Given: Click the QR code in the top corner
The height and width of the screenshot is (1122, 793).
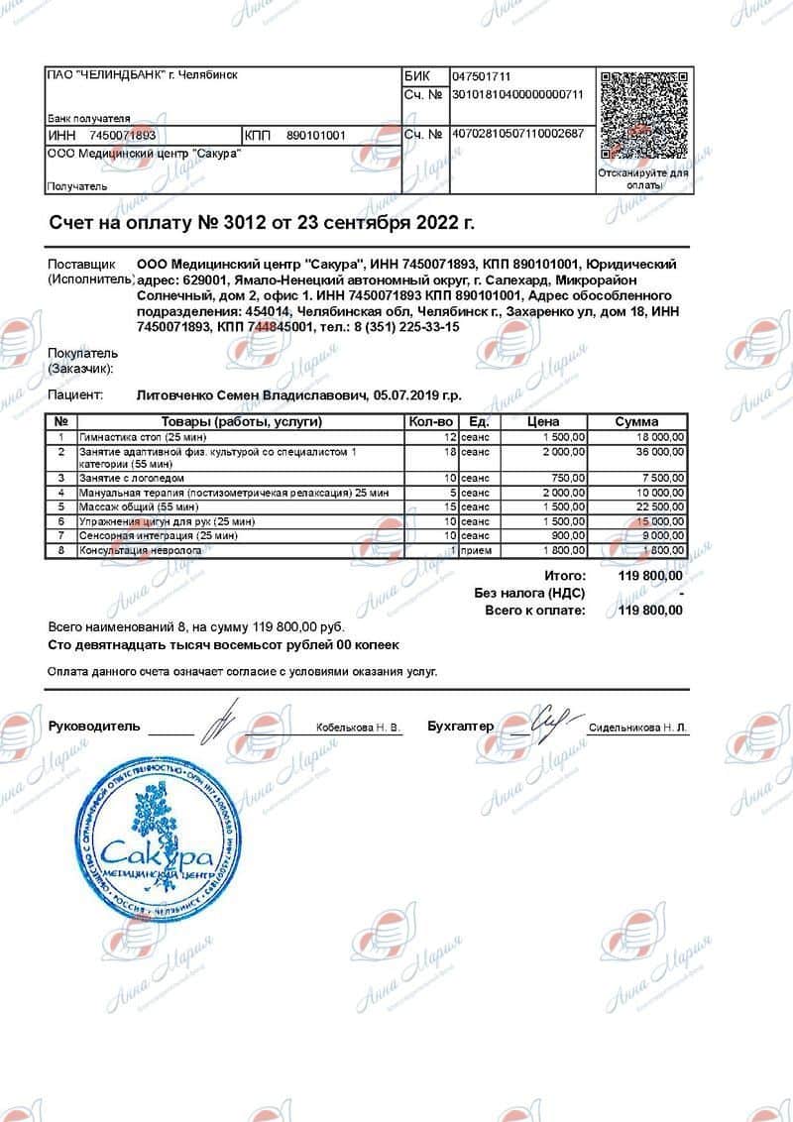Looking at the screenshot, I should [643, 114].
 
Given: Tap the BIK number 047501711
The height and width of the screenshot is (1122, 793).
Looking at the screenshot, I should [482, 76].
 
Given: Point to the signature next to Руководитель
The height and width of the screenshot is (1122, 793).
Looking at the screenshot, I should [220, 722].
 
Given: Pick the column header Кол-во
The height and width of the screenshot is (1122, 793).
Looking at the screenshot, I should [430, 422].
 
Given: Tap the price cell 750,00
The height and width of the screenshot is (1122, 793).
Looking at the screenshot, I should [568, 478].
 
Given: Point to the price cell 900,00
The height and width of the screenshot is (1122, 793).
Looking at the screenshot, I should [568, 535].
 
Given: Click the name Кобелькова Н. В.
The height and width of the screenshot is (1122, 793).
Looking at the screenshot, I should [359, 728].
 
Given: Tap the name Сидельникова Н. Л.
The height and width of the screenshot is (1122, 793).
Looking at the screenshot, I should [637, 728].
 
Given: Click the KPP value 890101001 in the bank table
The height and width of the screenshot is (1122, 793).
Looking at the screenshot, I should [316, 136].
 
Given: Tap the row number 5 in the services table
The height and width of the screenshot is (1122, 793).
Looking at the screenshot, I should [61, 506].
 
